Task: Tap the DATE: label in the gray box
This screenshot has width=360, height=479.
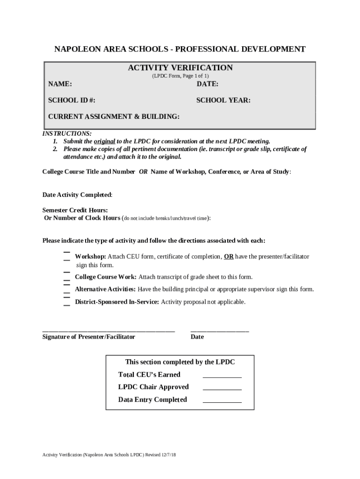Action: [207, 84]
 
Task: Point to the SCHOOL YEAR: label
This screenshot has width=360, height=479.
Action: [223, 100]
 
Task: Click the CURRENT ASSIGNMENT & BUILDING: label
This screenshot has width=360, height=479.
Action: [114, 116]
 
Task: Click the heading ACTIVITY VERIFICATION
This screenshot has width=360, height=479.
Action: [180, 68]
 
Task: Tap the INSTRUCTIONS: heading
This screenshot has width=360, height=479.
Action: [67, 134]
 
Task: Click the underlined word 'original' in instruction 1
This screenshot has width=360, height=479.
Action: [105, 141]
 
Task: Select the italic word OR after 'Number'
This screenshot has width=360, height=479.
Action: [143, 172]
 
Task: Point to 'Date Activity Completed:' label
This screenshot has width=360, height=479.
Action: [77, 195]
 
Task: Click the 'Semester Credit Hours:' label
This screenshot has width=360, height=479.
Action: [75, 210]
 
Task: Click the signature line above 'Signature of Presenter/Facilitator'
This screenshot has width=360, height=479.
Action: [108, 331]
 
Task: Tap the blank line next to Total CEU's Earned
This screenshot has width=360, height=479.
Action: [222, 377]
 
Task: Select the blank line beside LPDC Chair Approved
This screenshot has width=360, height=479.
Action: [222, 389]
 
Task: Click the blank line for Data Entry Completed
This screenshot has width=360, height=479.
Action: [222, 402]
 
